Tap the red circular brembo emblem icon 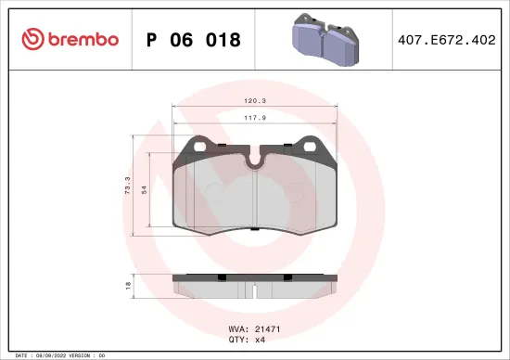coord(32,39)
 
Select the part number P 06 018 coord(194,40)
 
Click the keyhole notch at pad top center coord(254,161)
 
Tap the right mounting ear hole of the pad coord(309,145)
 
